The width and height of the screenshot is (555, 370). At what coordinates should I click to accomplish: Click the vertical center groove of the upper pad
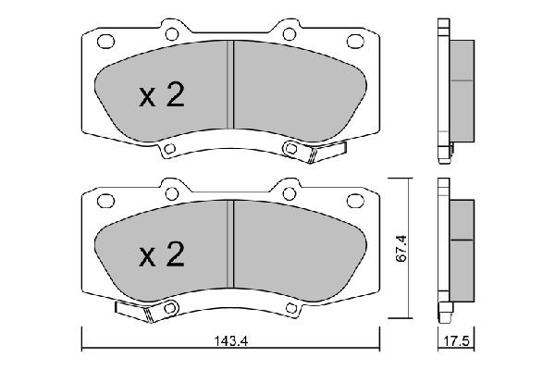point(231,88)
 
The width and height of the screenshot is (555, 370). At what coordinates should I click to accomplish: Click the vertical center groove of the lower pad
point(231,244)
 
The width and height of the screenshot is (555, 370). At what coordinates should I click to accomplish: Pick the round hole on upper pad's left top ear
point(171,33)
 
